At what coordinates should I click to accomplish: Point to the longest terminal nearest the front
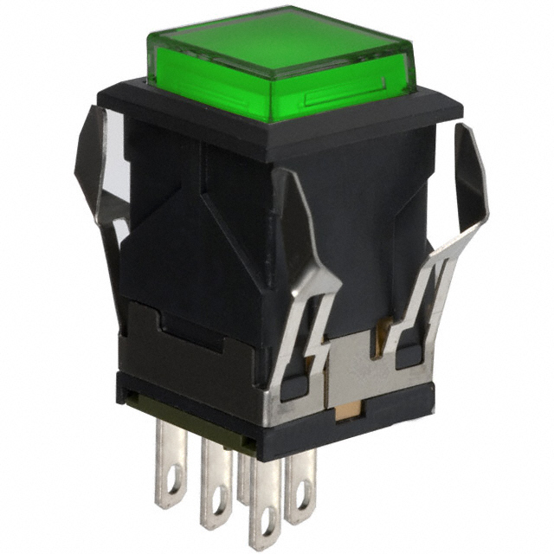(x=264, y=502)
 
